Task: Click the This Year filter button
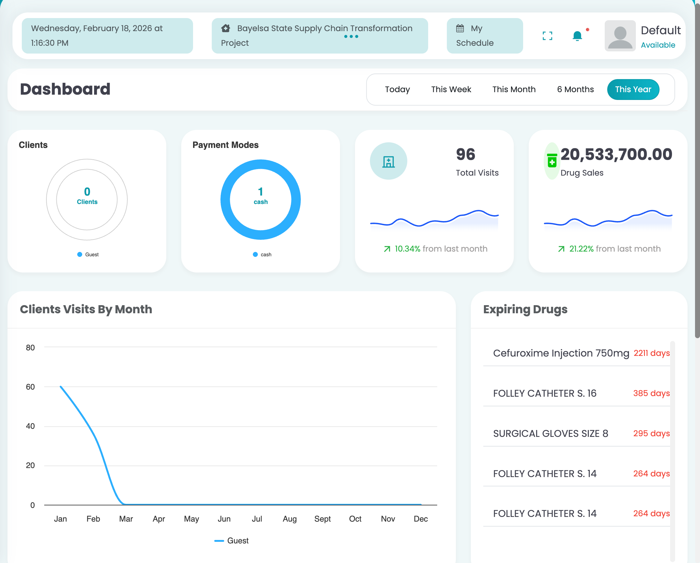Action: point(633,89)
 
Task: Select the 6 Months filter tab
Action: point(575,89)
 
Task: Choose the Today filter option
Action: point(397,89)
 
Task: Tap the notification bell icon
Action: point(577,36)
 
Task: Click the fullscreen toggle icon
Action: point(547,36)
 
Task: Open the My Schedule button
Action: point(485,36)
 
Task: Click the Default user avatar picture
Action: point(619,36)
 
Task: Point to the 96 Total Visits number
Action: point(465,154)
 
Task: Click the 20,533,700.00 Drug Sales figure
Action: point(616,154)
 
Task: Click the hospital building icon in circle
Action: point(388,161)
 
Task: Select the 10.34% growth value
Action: point(407,249)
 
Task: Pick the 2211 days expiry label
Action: point(651,353)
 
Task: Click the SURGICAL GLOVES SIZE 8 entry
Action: point(550,433)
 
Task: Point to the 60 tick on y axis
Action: point(30,387)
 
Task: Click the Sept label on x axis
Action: point(322,519)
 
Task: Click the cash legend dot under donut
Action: point(255,254)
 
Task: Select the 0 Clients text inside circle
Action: point(87,196)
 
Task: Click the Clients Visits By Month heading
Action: point(86,310)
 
